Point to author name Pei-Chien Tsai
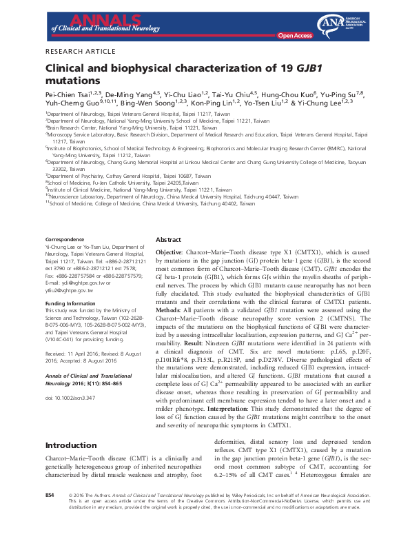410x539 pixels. point(71,94)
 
